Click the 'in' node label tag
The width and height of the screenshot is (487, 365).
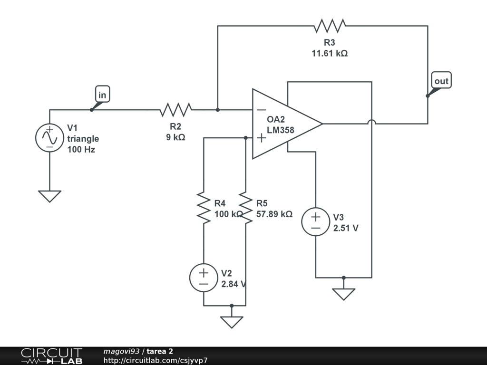click(x=103, y=94)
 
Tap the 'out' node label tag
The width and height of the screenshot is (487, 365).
click(x=441, y=80)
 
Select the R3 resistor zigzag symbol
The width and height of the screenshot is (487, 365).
click(x=330, y=26)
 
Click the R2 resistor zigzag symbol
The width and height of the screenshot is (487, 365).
click(x=176, y=110)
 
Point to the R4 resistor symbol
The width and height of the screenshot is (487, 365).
click(x=204, y=207)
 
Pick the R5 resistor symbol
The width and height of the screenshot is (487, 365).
click(x=246, y=207)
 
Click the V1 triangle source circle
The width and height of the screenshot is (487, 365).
click(x=49, y=138)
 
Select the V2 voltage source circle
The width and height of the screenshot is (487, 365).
click(x=204, y=278)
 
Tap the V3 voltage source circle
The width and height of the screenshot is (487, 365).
click(x=316, y=221)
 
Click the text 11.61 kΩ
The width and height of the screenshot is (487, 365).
click(x=330, y=53)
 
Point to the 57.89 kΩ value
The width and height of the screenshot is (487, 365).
click(x=274, y=214)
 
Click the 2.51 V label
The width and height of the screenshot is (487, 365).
click(x=346, y=228)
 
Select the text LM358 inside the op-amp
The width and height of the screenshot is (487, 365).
click(x=281, y=130)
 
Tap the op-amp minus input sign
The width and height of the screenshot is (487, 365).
click(x=262, y=110)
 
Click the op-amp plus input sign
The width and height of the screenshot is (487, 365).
click(x=262, y=138)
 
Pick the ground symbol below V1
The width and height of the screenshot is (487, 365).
click(x=49, y=196)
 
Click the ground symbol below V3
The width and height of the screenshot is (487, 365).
click(x=343, y=294)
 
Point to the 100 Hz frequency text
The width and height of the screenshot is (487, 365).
click(x=81, y=150)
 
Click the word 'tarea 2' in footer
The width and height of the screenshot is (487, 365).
click(x=160, y=351)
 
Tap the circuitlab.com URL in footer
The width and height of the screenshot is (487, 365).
click(x=156, y=360)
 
